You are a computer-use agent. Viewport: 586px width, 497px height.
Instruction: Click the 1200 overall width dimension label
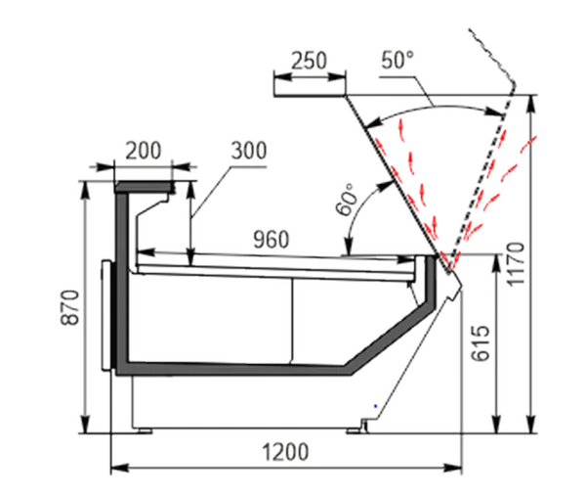tap(286, 452)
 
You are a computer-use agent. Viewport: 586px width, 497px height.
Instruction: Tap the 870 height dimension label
tap(70, 307)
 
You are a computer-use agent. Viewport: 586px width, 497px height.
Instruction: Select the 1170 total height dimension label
tap(516, 264)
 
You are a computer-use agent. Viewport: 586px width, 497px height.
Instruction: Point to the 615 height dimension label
tap(481, 343)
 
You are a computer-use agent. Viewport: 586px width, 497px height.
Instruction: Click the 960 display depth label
tap(272, 240)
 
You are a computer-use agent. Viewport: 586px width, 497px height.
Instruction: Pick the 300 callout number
tap(249, 151)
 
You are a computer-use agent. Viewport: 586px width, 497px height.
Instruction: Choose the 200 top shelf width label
tap(144, 151)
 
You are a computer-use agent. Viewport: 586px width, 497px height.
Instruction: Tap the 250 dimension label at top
tap(309, 61)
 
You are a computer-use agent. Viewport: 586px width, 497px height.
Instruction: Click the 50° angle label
tap(398, 60)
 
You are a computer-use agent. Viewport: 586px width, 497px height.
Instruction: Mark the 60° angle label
tap(346, 200)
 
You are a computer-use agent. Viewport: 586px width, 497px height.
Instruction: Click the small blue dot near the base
tap(376, 406)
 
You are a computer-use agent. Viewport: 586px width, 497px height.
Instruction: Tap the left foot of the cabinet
tap(145, 430)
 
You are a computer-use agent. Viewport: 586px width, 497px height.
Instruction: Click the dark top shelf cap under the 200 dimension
tap(145, 186)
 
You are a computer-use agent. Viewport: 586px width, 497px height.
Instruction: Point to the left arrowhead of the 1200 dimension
tap(120, 468)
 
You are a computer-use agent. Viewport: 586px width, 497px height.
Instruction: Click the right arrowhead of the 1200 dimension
tap(453, 468)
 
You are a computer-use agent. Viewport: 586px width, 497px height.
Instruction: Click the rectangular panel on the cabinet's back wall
tap(106, 315)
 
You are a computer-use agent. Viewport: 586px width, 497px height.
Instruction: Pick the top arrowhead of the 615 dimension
tap(497, 263)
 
